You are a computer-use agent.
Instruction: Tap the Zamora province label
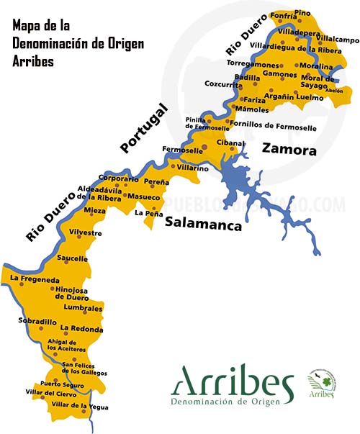coord(289,150)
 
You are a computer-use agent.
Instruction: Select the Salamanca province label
coord(202,223)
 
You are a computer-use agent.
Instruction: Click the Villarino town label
coord(193,168)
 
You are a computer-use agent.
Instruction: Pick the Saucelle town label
coord(72,258)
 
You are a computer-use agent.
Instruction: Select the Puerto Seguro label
coord(62,384)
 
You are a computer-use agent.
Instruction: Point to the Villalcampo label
coord(338,40)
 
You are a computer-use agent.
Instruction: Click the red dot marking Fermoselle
coord(204,148)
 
